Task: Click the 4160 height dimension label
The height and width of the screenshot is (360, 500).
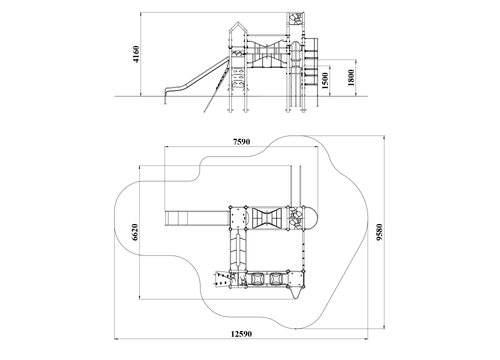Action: pyautogui.click(x=136, y=54)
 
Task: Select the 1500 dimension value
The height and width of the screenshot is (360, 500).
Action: pyautogui.click(x=325, y=80)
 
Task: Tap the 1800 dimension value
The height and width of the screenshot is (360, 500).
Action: pyautogui.click(x=351, y=78)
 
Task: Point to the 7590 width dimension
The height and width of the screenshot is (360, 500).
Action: pyautogui.click(x=241, y=142)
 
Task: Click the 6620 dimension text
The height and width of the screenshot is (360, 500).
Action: pyautogui.click(x=135, y=232)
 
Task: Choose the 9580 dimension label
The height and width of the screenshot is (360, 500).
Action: pyautogui.click(x=379, y=232)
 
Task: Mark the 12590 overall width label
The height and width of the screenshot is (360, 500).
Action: pyautogui.click(x=241, y=334)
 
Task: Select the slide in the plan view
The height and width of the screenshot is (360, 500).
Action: pyautogui.click(x=196, y=218)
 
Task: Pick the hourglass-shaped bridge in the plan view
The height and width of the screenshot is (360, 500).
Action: pyautogui.click(x=266, y=218)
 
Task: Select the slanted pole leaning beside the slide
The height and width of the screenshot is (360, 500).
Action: pyautogui.click(x=217, y=85)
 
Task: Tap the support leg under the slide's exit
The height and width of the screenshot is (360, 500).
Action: pyautogui.click(x=165, y=98)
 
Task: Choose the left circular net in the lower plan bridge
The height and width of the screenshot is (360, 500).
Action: pyautogui.click(x=257, y=279)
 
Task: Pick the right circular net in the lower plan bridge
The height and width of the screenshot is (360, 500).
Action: pyautogui.click(x=276, y=279)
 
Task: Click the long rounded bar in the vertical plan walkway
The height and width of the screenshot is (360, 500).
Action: pyautogui.click(x=238, y=249)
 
